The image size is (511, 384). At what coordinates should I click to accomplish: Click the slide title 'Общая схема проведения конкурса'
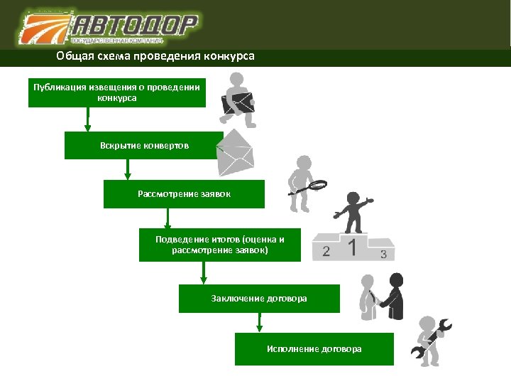pyautogui.click(x=155, y=56)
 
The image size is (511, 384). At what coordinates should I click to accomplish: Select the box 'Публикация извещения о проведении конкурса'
pyautogui.click(x=117, y=92)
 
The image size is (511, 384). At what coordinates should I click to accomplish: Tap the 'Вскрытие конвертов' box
pyautogui.click(x=144, y=145)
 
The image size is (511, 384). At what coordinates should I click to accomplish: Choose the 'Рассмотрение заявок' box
pyautogui.click(x=184, y=193)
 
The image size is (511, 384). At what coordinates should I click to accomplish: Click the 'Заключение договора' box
pyautogui.click(x=259, y=299)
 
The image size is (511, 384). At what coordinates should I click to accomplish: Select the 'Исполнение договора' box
pyautogui.click(x=314, y=349)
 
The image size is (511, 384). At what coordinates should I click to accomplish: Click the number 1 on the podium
pyautogui.click(x=352, y=247)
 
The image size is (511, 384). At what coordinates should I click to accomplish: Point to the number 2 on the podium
pyautogui.click(x=326, y=251)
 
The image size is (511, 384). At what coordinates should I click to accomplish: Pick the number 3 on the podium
pyautogui.click(x=383, y=254)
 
